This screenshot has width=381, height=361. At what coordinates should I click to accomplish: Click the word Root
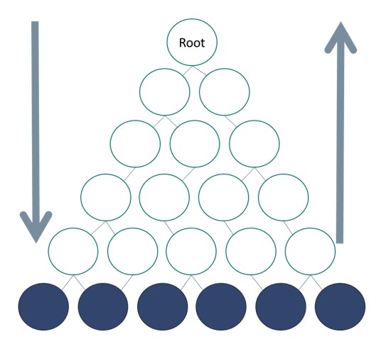pos(192,43)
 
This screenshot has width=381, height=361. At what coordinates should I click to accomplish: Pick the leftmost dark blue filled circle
pos(43,306)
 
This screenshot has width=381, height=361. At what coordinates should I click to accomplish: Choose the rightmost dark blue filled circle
pos(340,306)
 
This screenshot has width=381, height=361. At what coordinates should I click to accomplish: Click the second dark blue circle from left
pos(103,306)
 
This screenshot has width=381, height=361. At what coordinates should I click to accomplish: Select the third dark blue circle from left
pos(162,306)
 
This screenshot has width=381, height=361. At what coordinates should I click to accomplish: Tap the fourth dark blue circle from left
pos(221,306)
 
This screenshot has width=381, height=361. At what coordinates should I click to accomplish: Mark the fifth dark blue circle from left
pos(281,306)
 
